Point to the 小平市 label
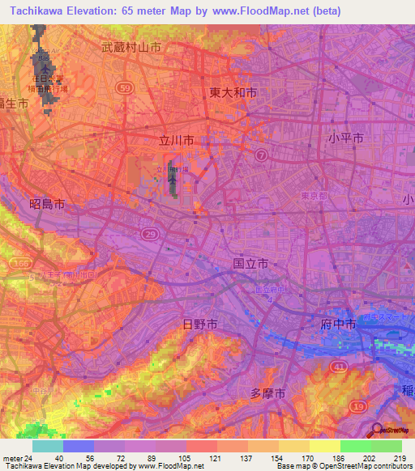pyautogui.click(x=346, y=138)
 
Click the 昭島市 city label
pyautogui.click(x=46, y=206)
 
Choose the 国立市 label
pyautogui.click(x=250, y=264)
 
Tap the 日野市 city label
pyautogui.click(x=199, y=324)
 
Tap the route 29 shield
pyautogui.click(x=149, y=233)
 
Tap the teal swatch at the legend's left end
pyautogui.click(x=47, y=446)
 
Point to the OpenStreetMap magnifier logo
pyautogui.click(x=377, y=431)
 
